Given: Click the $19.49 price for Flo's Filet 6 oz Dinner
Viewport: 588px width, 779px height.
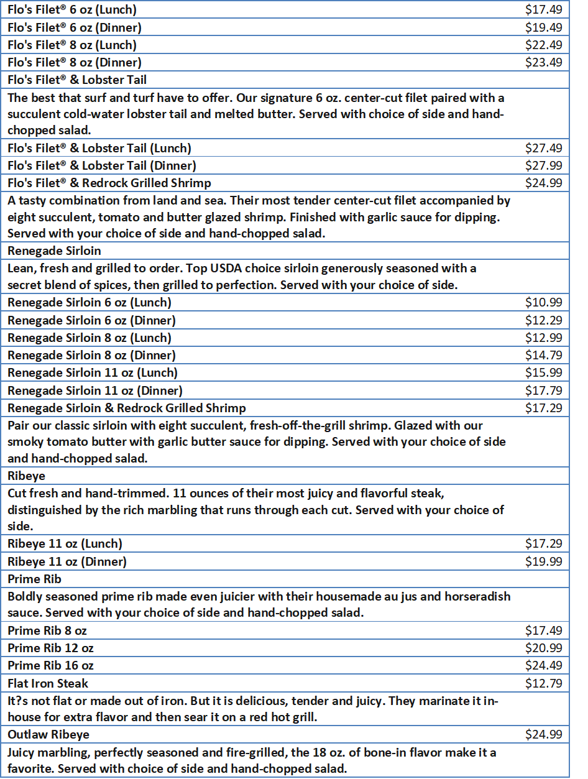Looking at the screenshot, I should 543,27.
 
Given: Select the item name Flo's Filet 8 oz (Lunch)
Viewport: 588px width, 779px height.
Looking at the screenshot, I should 72,45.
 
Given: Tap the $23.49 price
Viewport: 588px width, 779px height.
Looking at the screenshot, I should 543,62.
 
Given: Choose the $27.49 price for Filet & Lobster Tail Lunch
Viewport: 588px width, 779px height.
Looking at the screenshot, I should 543,148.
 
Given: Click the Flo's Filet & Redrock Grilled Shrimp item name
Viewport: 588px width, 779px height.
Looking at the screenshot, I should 109,183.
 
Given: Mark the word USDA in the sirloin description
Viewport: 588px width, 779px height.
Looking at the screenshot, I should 203,268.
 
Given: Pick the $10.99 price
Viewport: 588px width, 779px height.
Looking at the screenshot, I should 543,303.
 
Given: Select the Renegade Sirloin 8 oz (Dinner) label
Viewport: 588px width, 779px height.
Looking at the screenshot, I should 91,355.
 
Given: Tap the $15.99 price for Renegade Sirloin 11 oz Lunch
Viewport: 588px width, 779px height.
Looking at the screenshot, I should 543,372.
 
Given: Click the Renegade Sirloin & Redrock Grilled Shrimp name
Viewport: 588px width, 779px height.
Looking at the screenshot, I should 127,408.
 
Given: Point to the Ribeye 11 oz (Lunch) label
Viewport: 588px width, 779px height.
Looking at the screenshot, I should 65,543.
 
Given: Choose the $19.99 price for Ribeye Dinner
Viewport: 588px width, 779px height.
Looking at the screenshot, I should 543,561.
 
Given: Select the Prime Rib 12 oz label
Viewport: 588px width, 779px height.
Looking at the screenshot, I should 51,648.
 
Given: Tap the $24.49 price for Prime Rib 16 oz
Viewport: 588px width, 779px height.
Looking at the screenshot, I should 543,665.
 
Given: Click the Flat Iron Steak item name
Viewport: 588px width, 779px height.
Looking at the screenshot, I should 48,683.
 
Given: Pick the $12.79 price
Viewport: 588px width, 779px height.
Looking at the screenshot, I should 543,683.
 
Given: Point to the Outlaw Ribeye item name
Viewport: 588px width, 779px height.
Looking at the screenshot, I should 48,734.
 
